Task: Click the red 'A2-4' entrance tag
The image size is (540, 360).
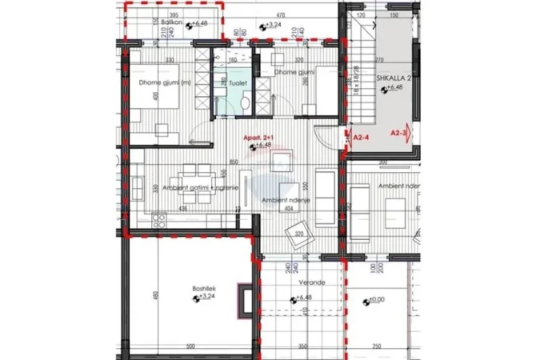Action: [361, 137]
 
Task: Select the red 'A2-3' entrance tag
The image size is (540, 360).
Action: [397, 133]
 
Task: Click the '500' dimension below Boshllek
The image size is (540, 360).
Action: [190, 346]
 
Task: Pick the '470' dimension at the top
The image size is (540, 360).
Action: [281, 15]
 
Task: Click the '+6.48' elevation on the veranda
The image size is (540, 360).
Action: [303, 298]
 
